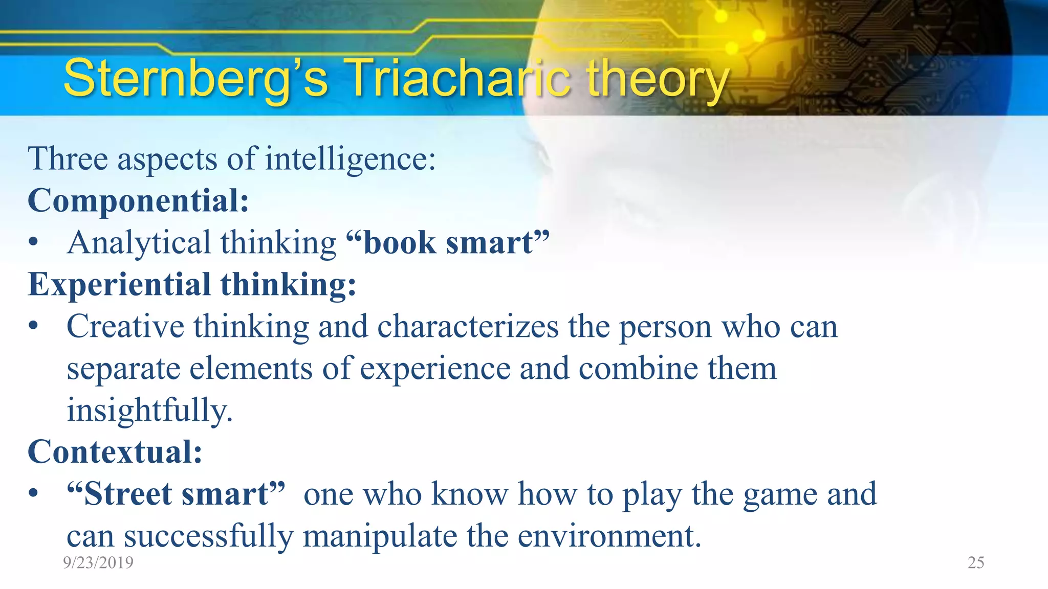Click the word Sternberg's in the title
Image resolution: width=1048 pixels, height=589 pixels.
coord(195,78)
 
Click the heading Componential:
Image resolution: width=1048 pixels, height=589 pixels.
coord(138,200)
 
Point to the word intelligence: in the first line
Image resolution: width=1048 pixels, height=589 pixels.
coord(350,158)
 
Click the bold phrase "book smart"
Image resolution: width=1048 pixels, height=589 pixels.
coord(447,242)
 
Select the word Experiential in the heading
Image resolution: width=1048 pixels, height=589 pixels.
coord(119,285)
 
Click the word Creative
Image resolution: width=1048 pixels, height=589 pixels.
coord(125,326)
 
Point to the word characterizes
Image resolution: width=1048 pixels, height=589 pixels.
coord(468,326)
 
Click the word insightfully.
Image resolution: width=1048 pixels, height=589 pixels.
coord(149,411)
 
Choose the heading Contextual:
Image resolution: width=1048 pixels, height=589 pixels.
coord(115,452)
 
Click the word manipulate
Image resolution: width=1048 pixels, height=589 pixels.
coord(380,536)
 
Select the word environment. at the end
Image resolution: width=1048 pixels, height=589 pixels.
coord(609,536)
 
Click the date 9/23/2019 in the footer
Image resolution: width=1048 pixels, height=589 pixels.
coord(98,562)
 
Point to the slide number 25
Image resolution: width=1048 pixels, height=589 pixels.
coord(975,562)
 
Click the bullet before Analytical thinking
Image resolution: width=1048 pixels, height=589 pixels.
coord(33,243)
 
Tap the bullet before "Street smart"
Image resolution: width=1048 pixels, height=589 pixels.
coord(33,494)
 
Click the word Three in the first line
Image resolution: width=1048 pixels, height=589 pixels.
coord(68,158)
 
